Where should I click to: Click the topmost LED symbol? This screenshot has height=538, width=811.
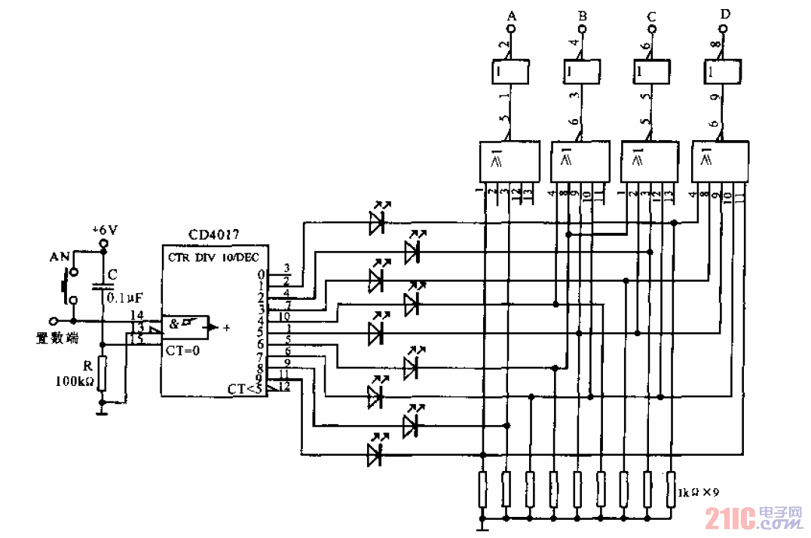(x=378, y=221)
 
